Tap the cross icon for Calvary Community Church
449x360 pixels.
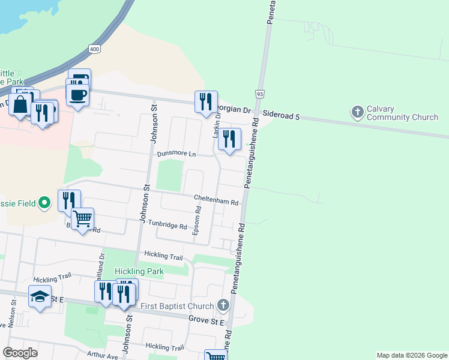pos(358,112)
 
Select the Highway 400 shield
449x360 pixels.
pos(94,48)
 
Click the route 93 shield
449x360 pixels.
pos(259,94)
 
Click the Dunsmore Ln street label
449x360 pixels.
pos(176,154)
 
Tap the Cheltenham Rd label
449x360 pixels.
pos(216,200)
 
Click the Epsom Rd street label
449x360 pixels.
pos(196,221)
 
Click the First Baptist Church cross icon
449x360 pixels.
pos(223,305)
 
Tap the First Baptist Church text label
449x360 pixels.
pos(176,306)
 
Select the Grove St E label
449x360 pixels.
pos(206,320)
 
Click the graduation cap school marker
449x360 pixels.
pos(40,297)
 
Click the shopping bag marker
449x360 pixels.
pos(20,104)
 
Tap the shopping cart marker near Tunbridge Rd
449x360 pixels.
pos(82,218)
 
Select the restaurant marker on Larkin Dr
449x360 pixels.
pos(229,139)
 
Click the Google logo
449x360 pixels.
pos(20,352)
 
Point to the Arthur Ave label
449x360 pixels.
pos(103,356)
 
